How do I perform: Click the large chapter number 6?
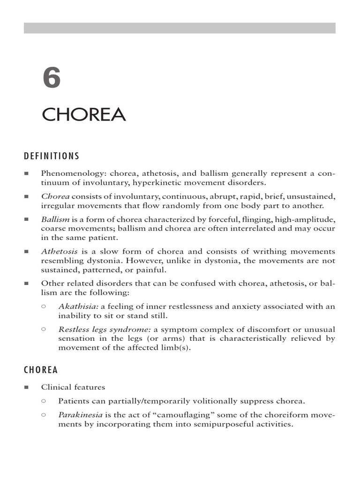[x=52, y=78]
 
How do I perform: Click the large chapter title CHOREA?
[x=84, y=114]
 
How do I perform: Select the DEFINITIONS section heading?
[x=52, y=156]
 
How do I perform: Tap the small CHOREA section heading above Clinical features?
[x=41, y=370]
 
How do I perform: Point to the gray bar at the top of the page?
[x=180, y=28]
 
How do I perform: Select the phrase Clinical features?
[x=73, y=387]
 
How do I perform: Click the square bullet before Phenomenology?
[x=26, y=173]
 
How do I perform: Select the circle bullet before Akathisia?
[x=44, y=306]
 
